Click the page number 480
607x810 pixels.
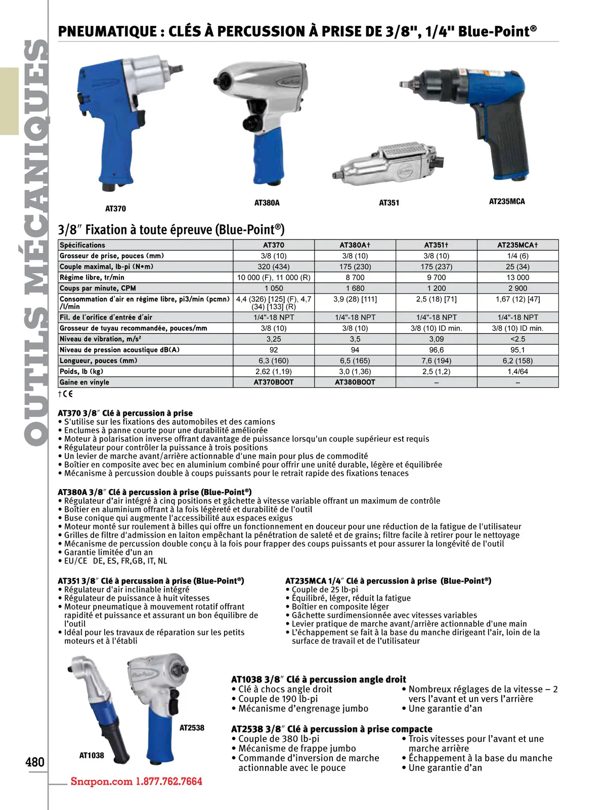(x=35, y=762)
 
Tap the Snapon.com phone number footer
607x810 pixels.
(x=136, y=781)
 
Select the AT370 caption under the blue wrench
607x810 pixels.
(x=115, y=209)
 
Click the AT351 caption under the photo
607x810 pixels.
(x=389, y=203)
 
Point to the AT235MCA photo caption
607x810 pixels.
(x=507, y=201)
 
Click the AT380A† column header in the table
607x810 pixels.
(x=355, y=245)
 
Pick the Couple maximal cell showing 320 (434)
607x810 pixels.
(x=274, y=267)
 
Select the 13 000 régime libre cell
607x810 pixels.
(x=517, y=277)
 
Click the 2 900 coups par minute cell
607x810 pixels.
(x=517, y=288)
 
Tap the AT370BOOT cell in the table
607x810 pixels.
(x=274, y=382)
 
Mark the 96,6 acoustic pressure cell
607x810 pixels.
(x=436, y=350)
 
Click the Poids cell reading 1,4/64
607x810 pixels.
(x=517, y=372)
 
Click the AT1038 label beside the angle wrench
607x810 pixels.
(x=92, y=755)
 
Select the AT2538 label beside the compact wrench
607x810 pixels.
(x=192, y=727)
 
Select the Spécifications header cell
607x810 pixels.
(x=82, y=245)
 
